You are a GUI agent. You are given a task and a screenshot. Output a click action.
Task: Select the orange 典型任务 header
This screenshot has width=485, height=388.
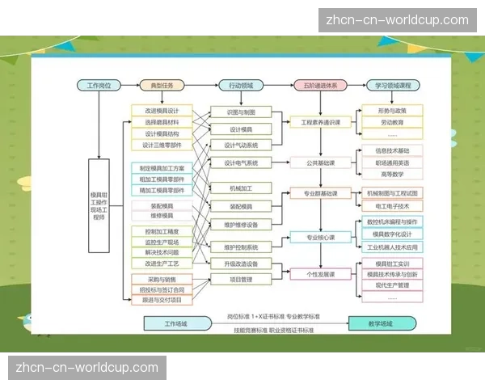(162, 85)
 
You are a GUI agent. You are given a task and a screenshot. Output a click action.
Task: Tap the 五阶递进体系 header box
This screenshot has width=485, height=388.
(319, 85)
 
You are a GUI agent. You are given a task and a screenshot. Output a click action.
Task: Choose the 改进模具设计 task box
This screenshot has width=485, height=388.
(162, 111)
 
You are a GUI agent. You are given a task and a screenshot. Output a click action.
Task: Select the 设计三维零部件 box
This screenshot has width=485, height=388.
(162, 145)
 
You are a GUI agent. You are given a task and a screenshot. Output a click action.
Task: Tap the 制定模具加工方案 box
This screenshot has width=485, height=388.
(162, 168)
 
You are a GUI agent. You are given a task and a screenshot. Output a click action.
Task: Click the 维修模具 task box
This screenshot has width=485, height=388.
(162, 216)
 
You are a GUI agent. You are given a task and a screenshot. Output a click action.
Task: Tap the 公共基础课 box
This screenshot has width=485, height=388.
(320, 162)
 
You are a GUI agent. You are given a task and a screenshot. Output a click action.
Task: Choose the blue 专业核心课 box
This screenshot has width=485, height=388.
(320, 238)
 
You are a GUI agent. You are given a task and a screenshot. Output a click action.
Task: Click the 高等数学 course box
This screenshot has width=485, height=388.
(392, 174)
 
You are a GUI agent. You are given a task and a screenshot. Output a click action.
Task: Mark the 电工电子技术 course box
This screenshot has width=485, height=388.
(392, 206)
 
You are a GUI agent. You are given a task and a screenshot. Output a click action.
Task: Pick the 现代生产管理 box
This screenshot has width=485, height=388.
(392, 285)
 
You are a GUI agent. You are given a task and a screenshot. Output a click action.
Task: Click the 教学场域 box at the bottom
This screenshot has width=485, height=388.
(377, 323)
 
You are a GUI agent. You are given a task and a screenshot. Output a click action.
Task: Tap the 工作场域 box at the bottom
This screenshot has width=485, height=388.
(175, 323)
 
